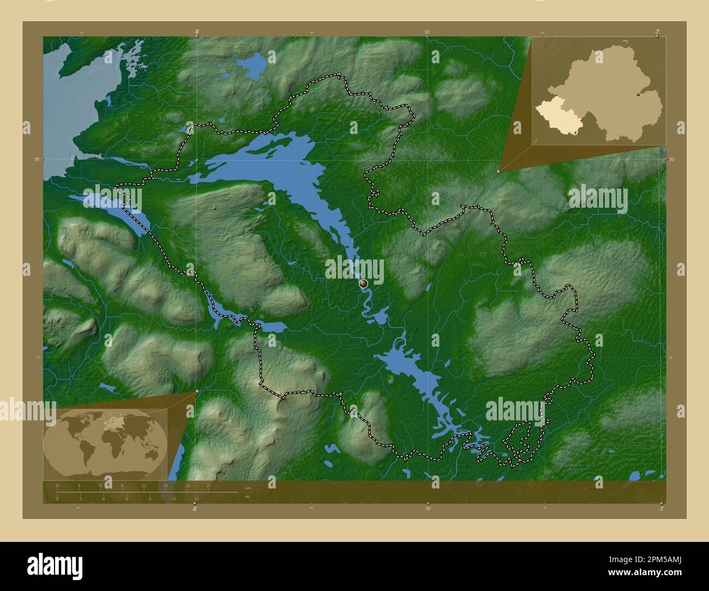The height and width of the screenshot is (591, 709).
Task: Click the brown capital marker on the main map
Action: (x=364, y=284)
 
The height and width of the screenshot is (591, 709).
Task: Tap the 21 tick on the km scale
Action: (x=208, y=492)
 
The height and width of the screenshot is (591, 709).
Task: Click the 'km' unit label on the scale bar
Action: (x=248, y=488)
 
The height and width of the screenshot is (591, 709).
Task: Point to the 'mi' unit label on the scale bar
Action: (x=247, y=496)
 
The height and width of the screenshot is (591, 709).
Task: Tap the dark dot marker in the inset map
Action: (x=638, y=95)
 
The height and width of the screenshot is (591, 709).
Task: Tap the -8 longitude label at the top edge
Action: (x=196, y=32)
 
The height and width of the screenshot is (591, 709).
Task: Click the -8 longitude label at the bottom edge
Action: (x=194, y=509)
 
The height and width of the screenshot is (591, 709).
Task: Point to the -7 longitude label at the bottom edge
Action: (x=661, y=509)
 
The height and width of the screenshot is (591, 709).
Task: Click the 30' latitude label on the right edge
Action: (x=671, y=159)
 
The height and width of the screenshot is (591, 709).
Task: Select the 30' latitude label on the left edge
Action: (x=37, y=159)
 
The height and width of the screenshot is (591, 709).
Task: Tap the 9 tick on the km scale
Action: (x=122, y=492)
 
